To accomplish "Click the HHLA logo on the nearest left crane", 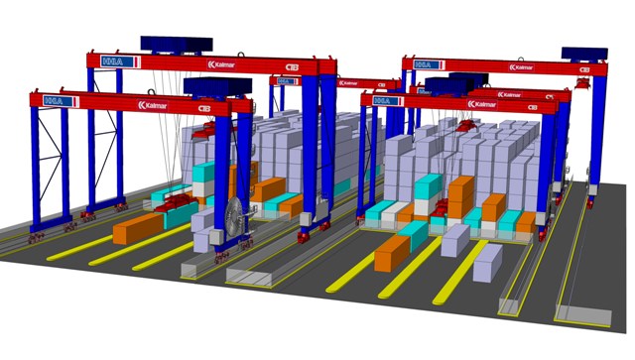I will pyautogui.click(x=54, y=100).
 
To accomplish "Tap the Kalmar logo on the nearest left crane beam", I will pyautogui.click(x=155, y=104).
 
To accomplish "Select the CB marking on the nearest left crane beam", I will pyautogui.click(x=204, y=107).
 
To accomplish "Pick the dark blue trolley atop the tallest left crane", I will pyautogui.click(x=176, y=44).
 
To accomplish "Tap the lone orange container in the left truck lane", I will pyautogui.click(x=136, y=229).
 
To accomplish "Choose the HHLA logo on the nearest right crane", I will pyautogui.click(x=382, y=100).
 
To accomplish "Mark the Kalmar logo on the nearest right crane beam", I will pyautogui.click(x=482, y=103).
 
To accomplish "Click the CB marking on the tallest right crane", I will pyautogui.click(x=584, y=69).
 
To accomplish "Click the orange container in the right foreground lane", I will pyautogui.click(x=391, y=252).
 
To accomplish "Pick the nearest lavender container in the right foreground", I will pyautogui.click(x=487, y=262).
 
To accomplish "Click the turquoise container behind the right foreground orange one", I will pyautogui.click(x=413, y=232).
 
